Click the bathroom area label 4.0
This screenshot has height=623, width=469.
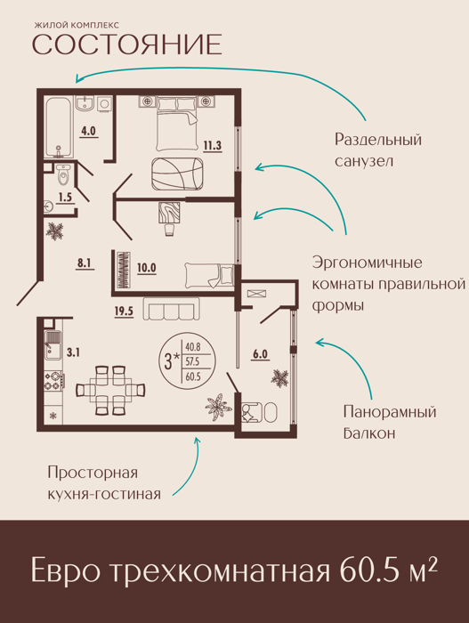88,131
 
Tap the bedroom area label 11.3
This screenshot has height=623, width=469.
212,145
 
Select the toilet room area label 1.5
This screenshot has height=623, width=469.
64,197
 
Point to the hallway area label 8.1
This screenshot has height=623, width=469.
85,263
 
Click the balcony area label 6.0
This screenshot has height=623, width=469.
260,353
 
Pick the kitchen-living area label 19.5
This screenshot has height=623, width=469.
124,311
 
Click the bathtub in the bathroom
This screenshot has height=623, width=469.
60,127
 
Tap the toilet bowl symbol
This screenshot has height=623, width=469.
63,174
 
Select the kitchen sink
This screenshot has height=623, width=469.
53,344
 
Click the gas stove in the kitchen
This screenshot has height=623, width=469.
53,380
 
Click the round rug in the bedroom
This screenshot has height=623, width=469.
177,174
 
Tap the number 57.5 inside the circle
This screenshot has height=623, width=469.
192,361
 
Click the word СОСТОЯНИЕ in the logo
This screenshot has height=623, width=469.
126,44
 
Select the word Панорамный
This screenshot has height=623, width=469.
390,412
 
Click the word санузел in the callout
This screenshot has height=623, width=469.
364,162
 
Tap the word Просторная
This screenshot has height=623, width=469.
93,473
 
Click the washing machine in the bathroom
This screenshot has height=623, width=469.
104,104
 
